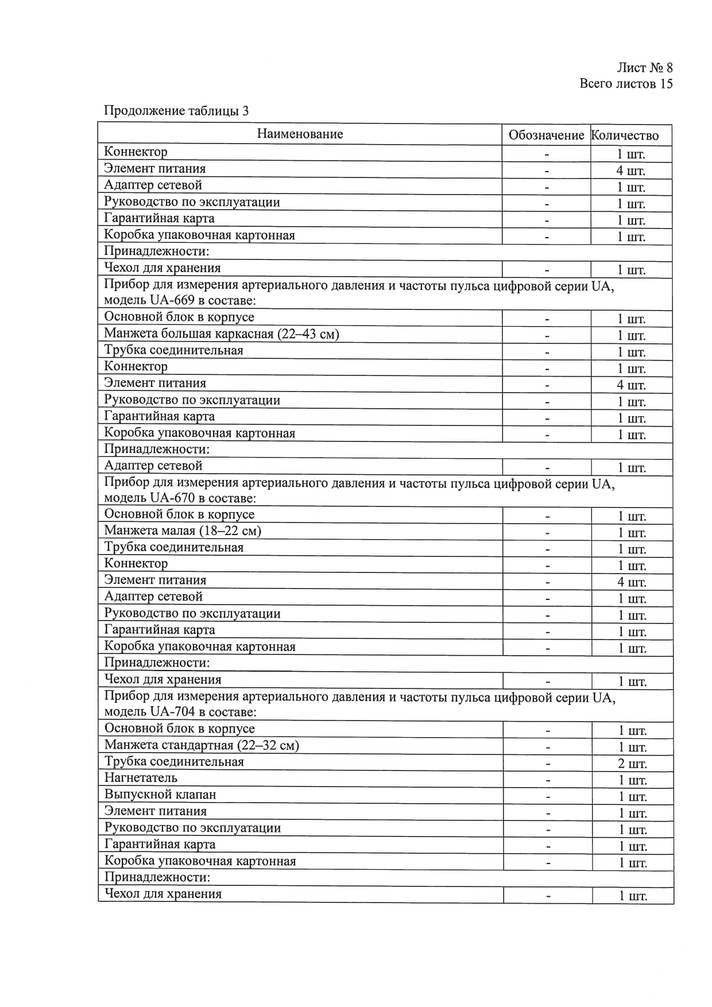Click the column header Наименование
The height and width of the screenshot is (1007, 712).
click(300, 134)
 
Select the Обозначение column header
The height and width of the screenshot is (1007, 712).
click(546, 136)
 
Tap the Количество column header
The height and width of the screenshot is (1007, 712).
click(625, 136)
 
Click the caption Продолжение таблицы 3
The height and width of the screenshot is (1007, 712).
click(176, 111)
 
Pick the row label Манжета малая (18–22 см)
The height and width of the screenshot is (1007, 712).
click(182, 531)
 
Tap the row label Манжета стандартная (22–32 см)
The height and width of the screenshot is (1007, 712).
click(202, 746)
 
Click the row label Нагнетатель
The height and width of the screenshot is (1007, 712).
click(141, 779)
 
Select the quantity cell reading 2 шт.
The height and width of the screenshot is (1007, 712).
click(632, 764)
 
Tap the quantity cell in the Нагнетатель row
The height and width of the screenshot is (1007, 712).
click(632, 781)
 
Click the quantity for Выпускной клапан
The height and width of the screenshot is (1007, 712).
click(632, 797)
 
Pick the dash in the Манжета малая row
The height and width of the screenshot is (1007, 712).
click(548, 533)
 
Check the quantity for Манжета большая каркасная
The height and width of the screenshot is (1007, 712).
click(632, 336)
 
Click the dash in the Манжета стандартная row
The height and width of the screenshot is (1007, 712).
click(548, 747)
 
